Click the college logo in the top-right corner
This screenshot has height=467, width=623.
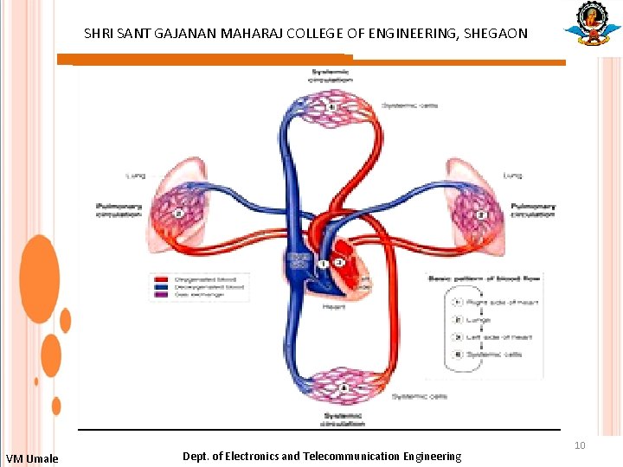(592, 24)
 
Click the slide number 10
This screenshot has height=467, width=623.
(580, 445)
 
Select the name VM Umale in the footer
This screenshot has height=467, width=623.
(32, 458)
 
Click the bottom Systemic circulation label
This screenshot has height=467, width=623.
(342, 419)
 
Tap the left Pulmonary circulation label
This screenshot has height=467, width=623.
(118, 210)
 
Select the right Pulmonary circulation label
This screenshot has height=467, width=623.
(533, 210)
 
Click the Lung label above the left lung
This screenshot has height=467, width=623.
(136, 176)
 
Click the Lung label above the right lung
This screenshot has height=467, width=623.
(513, 176)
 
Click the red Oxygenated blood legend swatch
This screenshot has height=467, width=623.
(162, 278)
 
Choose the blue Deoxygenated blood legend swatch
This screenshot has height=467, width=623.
(162, 286)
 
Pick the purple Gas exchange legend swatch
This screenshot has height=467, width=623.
(162, 294)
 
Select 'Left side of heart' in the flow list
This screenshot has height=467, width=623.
(499, 337)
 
